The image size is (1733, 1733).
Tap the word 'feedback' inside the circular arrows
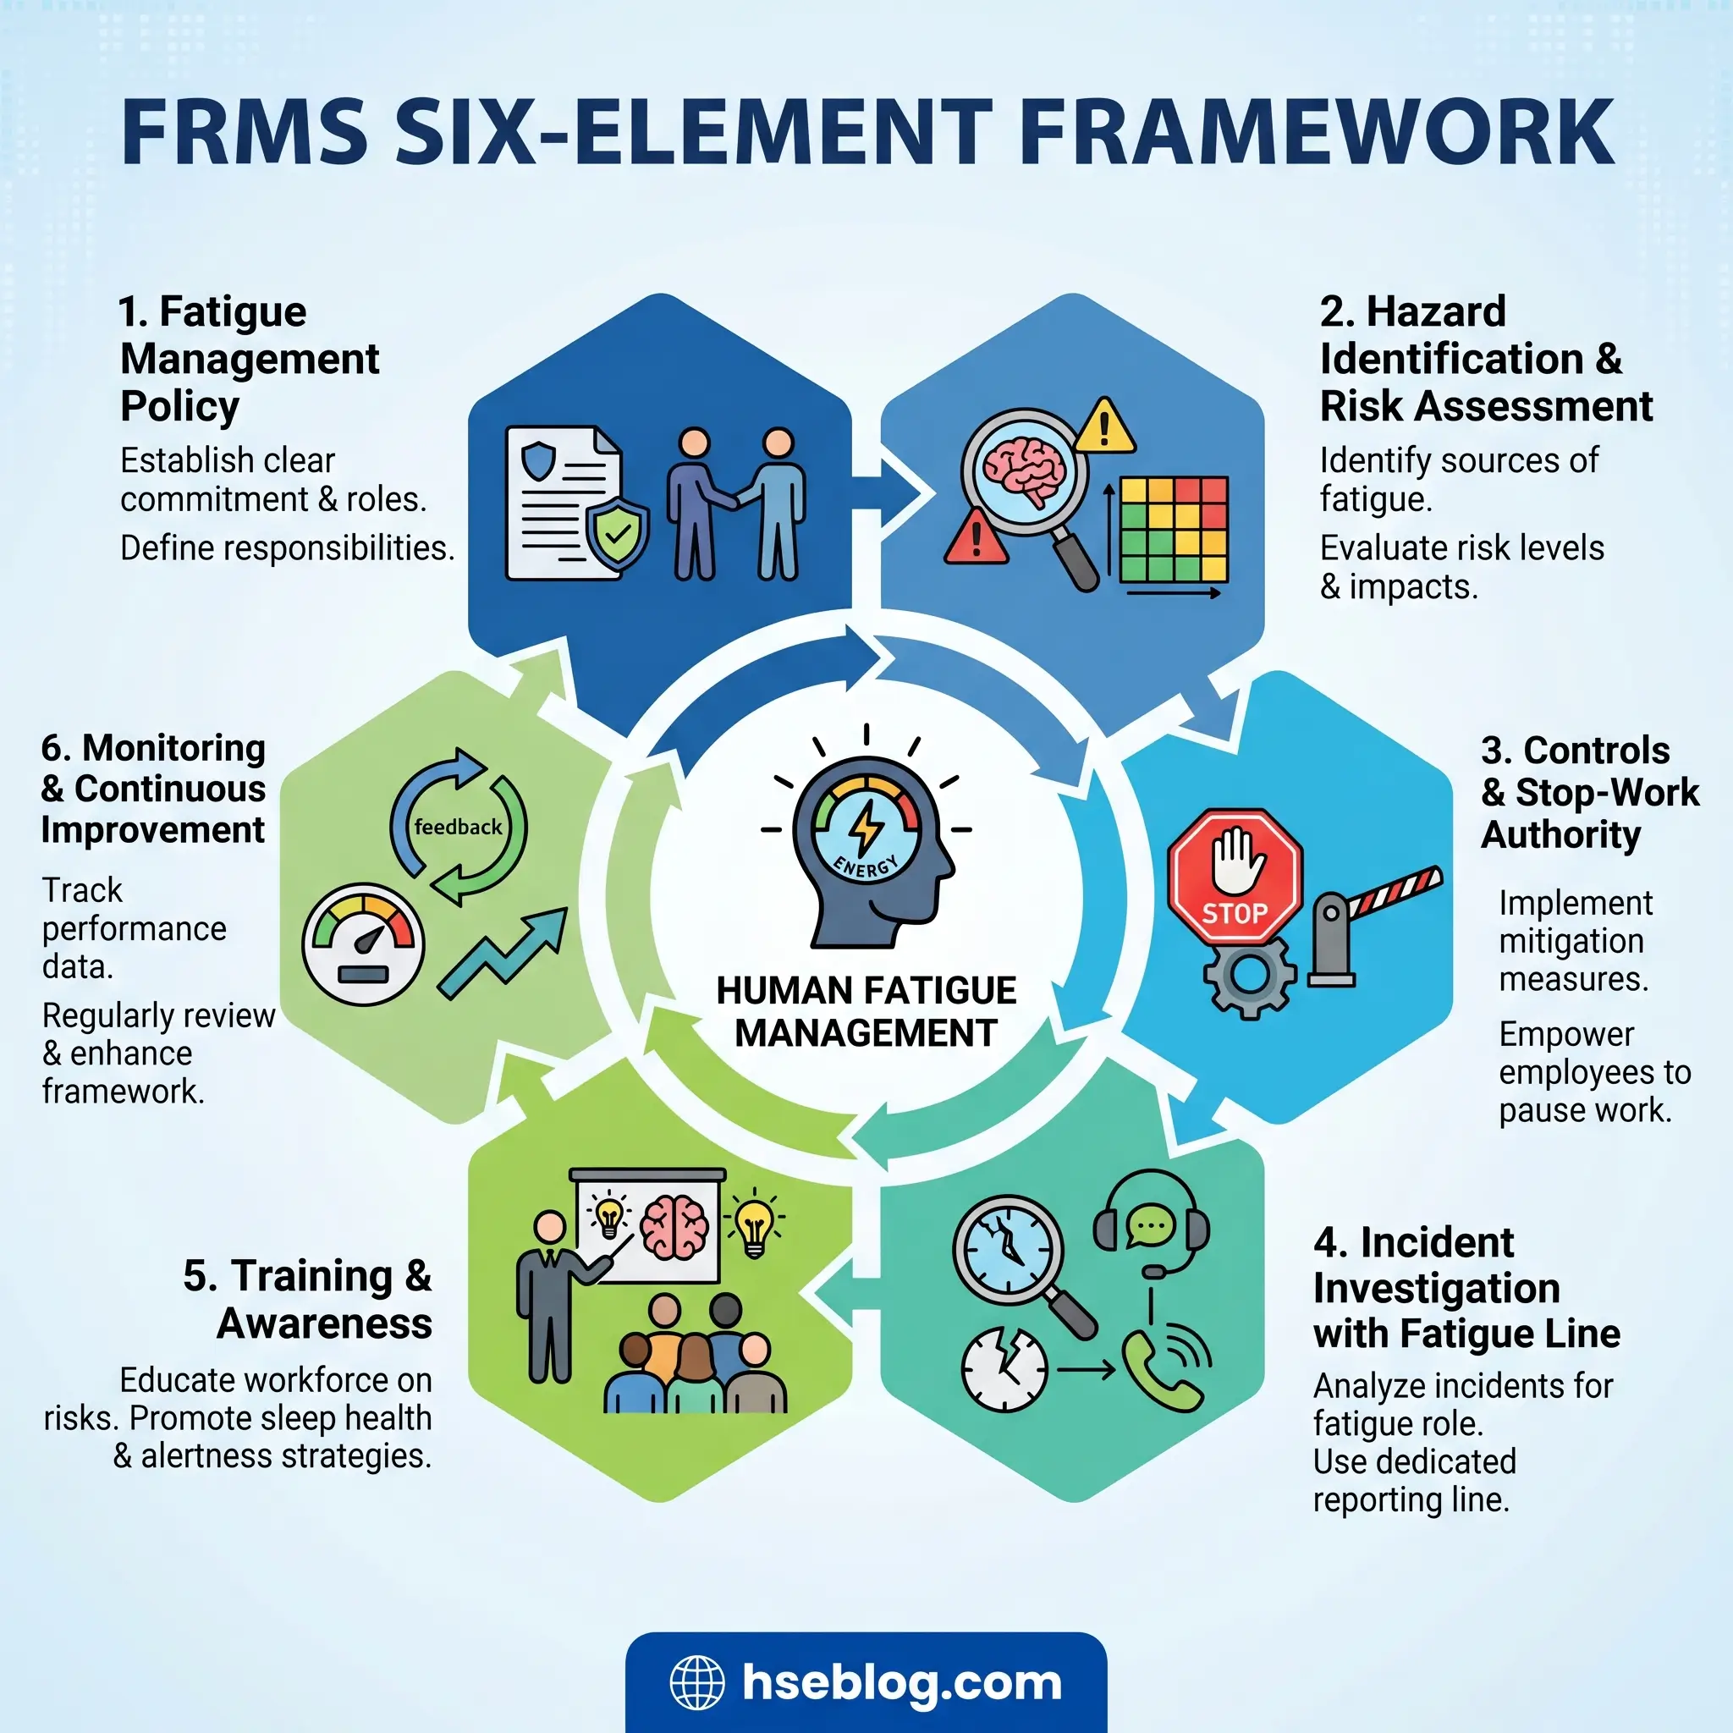coord(458,827)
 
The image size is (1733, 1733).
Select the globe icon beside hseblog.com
coord(697,1683)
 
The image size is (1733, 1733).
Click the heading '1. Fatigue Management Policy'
coord(250,359)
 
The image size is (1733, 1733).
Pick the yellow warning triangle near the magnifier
coord(1104,427)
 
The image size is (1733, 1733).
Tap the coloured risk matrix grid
coord(1174,529)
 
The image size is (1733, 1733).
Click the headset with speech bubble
coord(1152,1225)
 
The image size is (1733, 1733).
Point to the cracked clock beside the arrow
coord(1004,1369)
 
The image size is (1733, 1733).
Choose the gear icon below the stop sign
coord(1250,975)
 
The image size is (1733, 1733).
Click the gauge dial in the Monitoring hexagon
coord(362,944)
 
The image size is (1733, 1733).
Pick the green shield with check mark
coord(617,535)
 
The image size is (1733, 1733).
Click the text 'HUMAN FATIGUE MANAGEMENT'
coord(866,1012)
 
